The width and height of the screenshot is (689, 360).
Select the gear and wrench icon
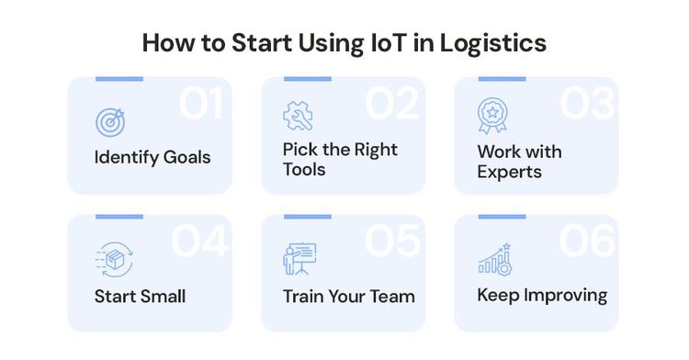[298, 116]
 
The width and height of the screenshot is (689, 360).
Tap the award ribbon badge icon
[491, 116]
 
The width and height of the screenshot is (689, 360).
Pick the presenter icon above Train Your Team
[298, 258]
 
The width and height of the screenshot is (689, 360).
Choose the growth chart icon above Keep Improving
[493, 260]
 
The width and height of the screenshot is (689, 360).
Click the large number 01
[201, 104]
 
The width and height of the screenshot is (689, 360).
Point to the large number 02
[393, 104]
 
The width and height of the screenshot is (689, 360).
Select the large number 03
[587, 104]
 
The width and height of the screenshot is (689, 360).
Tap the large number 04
[199, 241]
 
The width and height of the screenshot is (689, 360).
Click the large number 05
[393, 241]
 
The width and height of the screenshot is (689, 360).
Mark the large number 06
[587, 241]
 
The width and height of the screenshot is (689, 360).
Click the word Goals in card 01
[186, 157]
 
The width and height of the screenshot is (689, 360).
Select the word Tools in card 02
[304, 170]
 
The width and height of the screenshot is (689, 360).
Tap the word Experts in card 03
[510, 172]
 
